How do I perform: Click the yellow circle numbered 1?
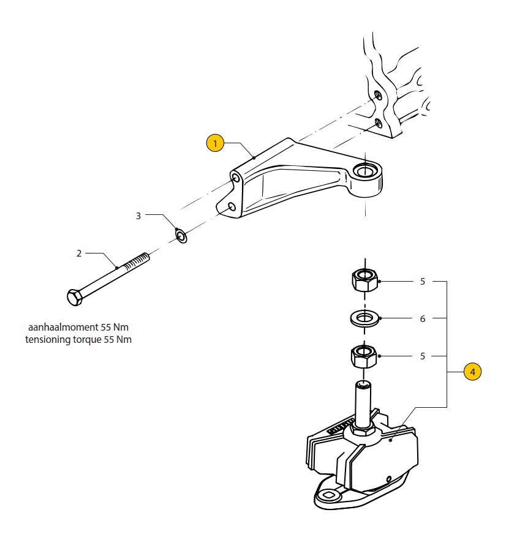(x=215, y=143)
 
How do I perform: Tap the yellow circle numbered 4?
(x=472, y=372)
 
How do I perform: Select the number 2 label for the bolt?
(x=79, y=253)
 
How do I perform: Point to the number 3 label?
(x=138, y=216)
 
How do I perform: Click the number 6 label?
(x=423, y=319)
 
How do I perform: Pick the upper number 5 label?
(x=423, y=282)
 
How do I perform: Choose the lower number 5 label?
(x=423, y=356)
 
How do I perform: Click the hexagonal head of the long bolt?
(x=75, y=297)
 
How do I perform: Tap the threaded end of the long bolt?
(x=137, y=261)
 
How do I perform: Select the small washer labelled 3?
(x=181, y=236)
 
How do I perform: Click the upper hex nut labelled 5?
(x=365, y=280)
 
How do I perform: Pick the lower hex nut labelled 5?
(x=364, y=356)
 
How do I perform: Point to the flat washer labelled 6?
(x=364, y=318)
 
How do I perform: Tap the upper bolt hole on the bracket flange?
(x=236, y=178)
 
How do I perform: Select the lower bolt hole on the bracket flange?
(x=232, y=207)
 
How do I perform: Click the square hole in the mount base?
(x=328, y=495)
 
